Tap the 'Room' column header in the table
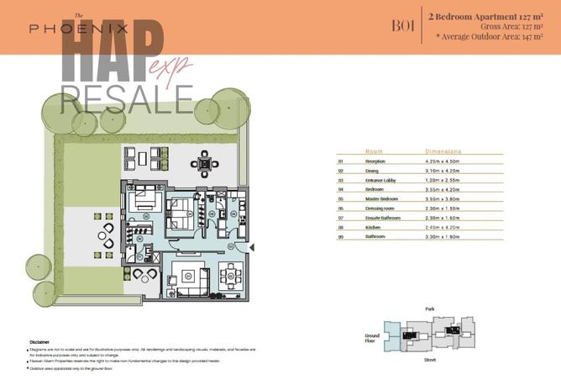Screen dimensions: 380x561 click(x=374, y=151)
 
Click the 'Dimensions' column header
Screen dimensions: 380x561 click(x=444, y=151)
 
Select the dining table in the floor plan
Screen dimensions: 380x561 click(x=230, y=275)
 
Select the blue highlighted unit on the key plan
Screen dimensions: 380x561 click(x=392, y=334)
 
